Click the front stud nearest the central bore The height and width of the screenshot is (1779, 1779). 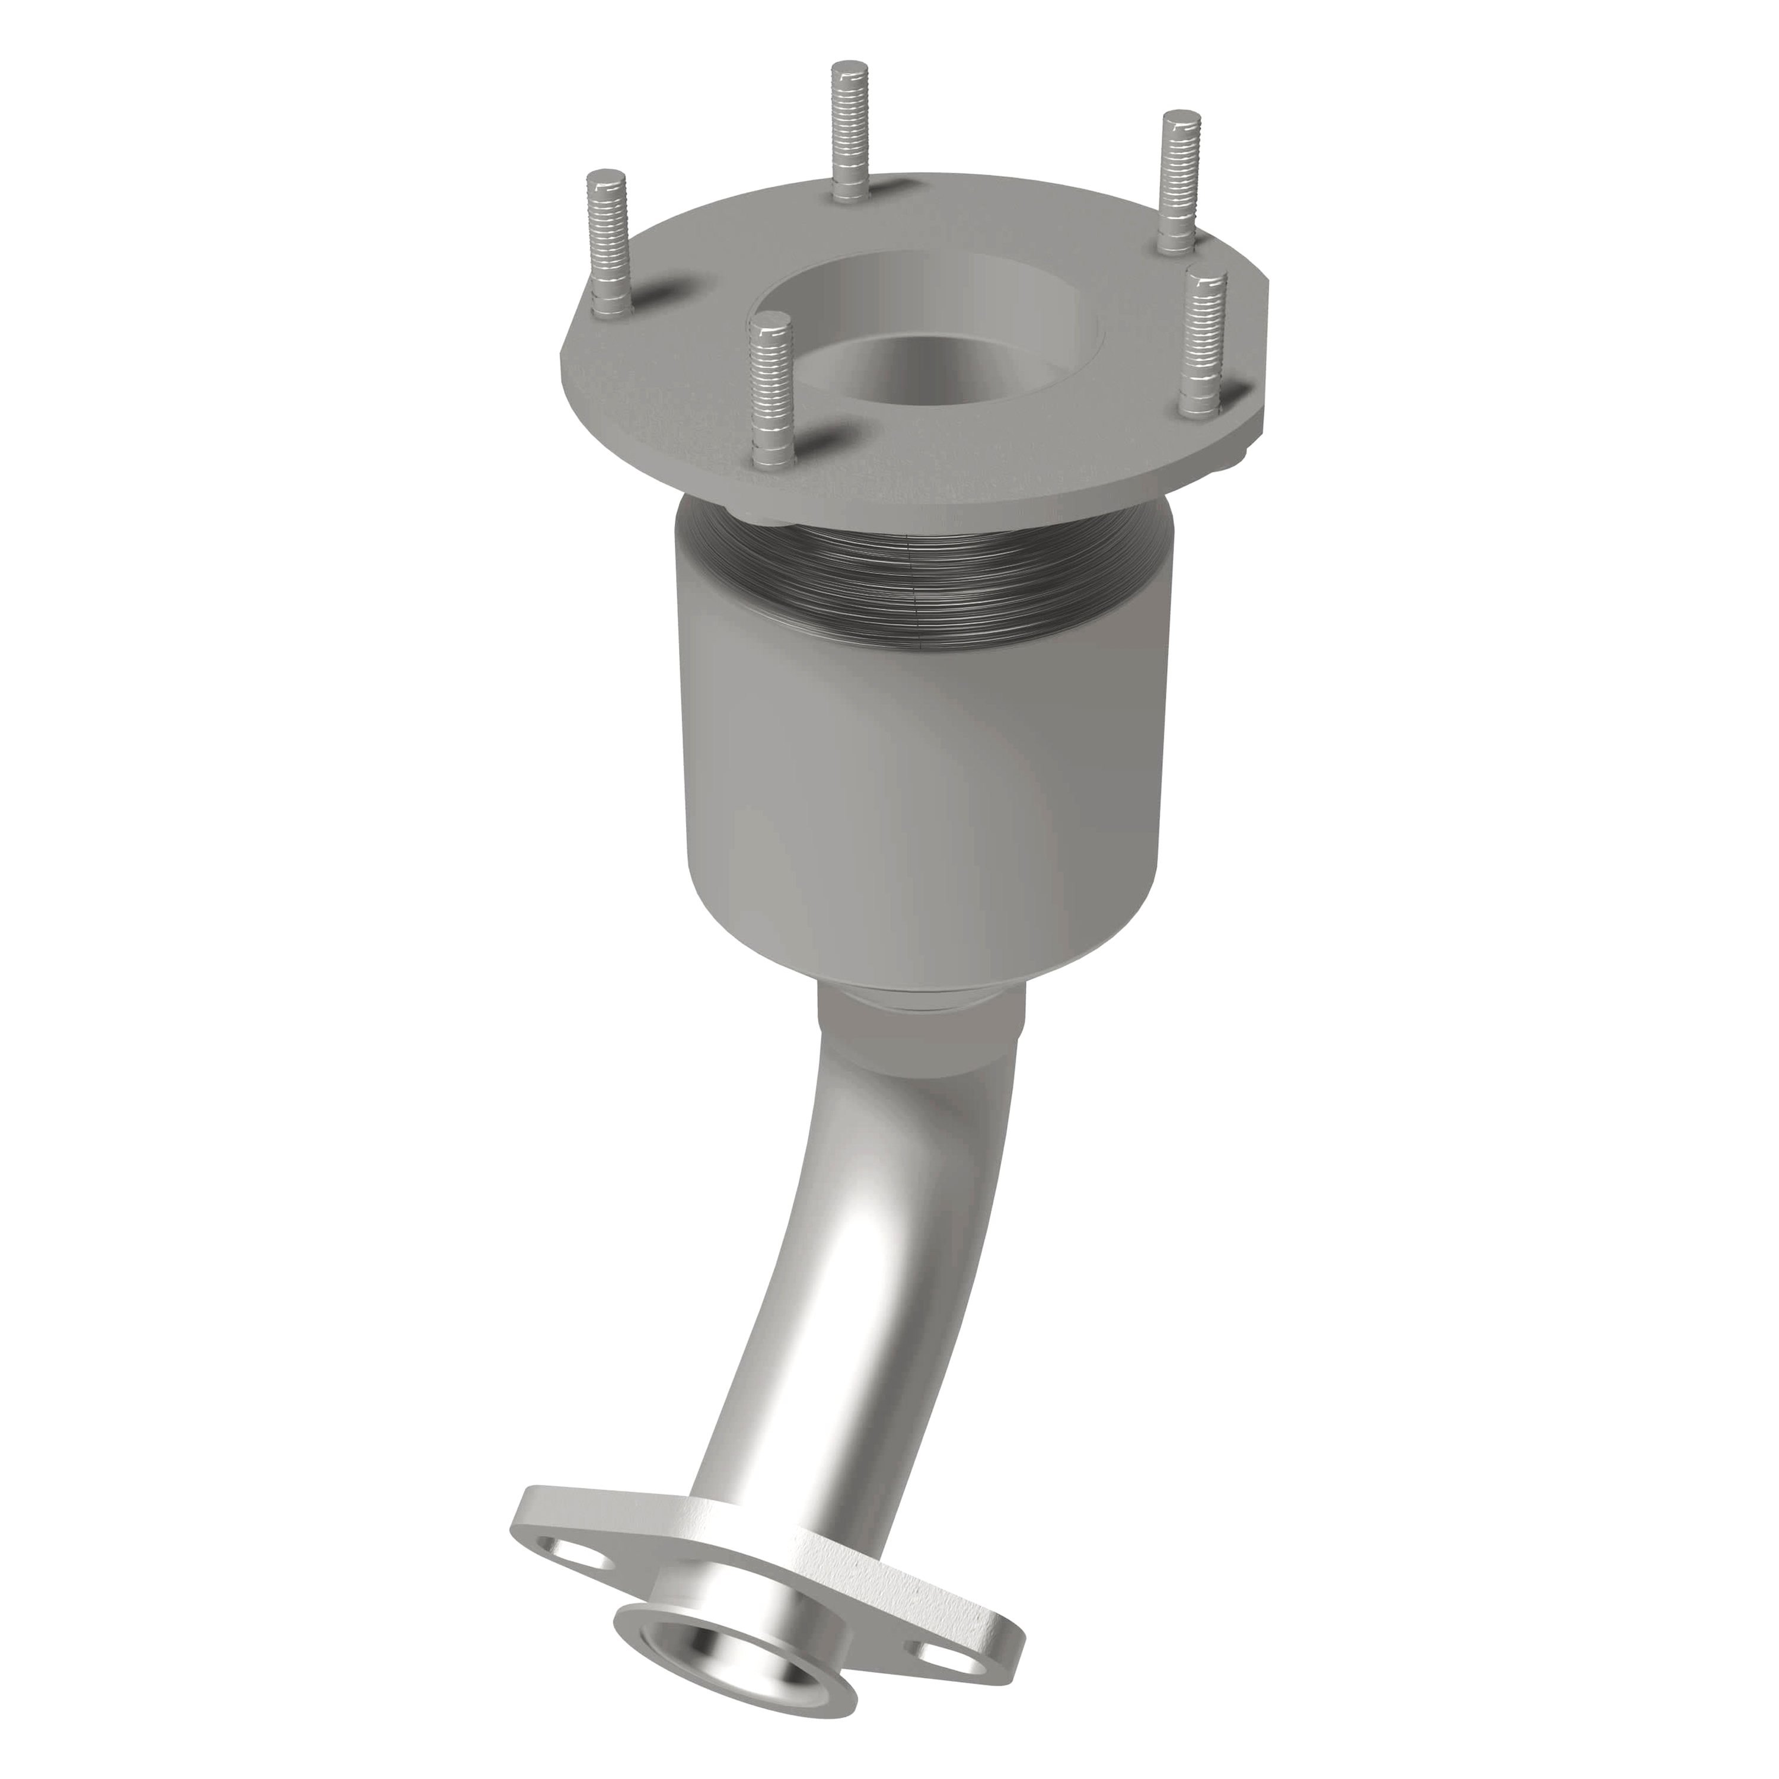771,387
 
